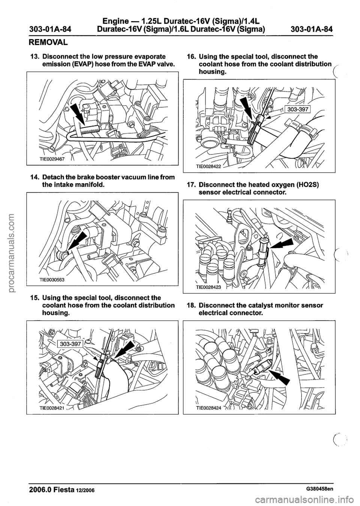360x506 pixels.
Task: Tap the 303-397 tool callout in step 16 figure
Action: [x=298, y=99]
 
